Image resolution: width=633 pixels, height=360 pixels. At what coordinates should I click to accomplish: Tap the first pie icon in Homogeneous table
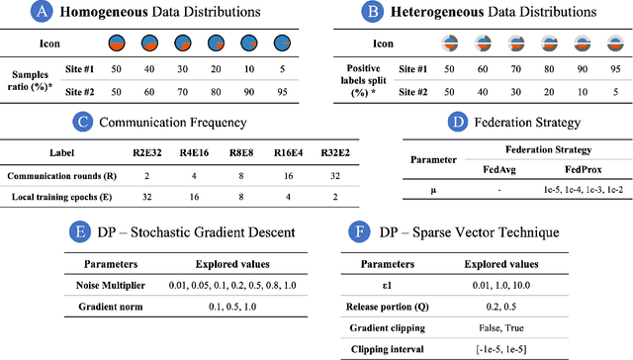pos(116,44)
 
